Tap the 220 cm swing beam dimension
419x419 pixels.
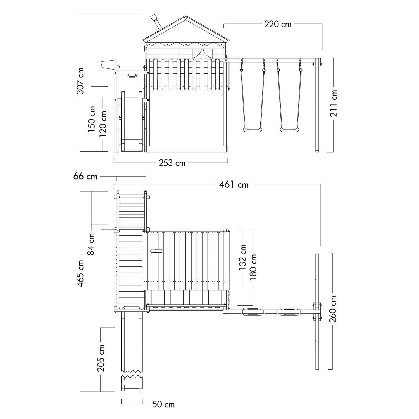[278, 24]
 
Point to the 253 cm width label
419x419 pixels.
[172, 163]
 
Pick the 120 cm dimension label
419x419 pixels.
[103, 124]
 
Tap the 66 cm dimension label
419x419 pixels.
[85, 177]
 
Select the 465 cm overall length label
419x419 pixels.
[80, 273]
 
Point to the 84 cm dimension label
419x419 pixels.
[91, 244]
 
